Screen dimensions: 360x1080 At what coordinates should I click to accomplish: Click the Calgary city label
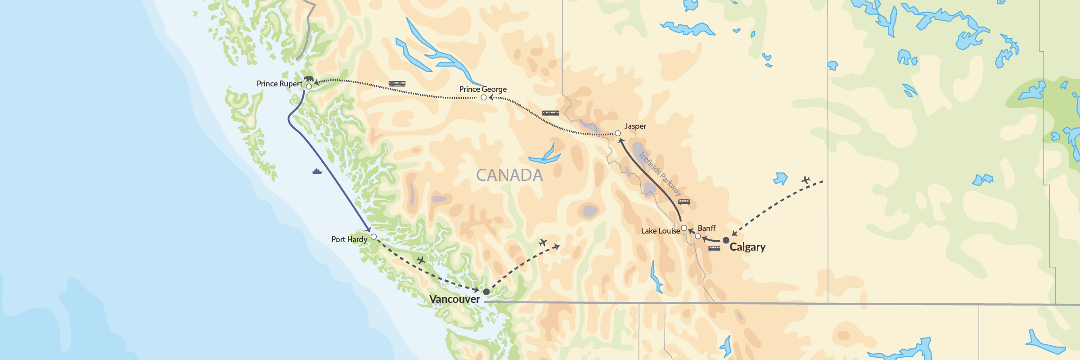pos(747,247)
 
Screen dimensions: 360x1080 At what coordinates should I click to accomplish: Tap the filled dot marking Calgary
pos(726,240)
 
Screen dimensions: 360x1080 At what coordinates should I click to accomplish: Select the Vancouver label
pos(454,299)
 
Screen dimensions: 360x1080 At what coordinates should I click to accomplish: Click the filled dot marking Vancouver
pos(486,292)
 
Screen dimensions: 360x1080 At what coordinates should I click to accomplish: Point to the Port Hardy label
pos(349,239)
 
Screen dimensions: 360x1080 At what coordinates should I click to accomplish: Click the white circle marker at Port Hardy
pos(373,237)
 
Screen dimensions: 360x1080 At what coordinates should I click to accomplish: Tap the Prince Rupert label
pos(279,84)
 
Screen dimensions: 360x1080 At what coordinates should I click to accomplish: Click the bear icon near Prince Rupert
pos(309,79)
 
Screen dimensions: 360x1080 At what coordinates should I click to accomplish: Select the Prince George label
pos(483,89)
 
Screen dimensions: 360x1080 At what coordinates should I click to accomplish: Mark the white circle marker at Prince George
pos(484,97)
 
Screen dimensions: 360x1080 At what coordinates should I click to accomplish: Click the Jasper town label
pos(635,126)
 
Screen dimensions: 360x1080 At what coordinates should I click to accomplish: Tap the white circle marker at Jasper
pos(618,133)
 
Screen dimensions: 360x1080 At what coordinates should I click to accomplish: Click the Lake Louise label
pos(660,231)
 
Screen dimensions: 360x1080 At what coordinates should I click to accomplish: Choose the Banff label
pos(706,228)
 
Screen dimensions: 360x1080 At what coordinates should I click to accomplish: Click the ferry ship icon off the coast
pos(317,171)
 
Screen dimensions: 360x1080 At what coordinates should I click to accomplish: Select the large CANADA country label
pos(509,175)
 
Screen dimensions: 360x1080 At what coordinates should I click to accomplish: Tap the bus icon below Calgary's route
pos(714,248)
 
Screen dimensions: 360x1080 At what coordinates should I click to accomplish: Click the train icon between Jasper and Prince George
pos(550,113)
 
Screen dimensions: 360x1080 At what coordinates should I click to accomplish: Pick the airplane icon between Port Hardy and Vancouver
pos(421,260)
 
